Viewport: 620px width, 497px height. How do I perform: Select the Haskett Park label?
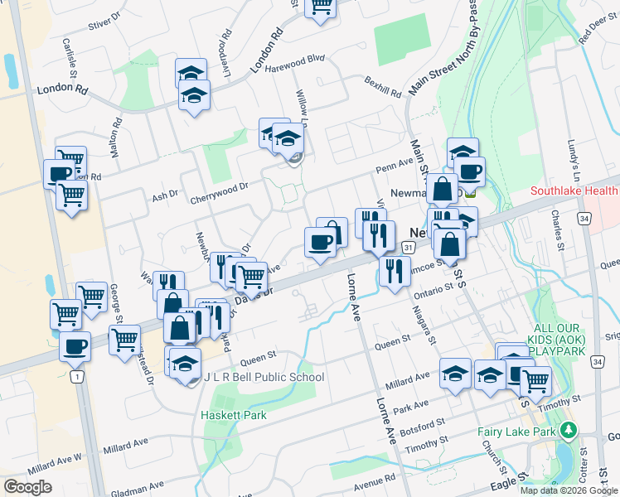click(x=233, y=414)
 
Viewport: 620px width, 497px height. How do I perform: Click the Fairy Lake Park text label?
click(x=517, y=432)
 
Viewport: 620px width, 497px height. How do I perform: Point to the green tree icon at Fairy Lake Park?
click(x=568, y=431)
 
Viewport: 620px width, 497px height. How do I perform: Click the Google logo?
click(x=27, y=487)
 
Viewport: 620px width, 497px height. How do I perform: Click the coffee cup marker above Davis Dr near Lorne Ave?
click(x=320, y=243)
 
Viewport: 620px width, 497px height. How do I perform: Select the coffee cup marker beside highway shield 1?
click(x=75, y=345)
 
